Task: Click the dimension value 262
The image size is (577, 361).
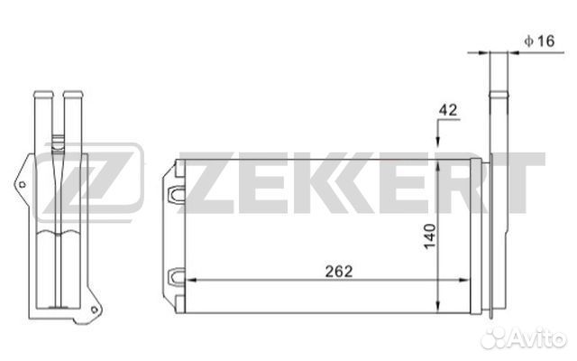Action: (x=339, y=271)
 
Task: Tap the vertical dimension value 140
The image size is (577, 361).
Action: (x=429, y=236)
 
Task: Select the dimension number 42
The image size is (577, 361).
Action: (x=448, y=110)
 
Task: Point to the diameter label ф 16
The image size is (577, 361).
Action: (x=539, y=41)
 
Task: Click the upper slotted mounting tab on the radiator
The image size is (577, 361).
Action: (x=177, y=195)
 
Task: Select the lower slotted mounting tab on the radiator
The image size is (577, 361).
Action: (x=177, y=277)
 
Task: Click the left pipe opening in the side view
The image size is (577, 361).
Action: (x=43, y=94)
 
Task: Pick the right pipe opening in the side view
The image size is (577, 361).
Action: (x=73, y=94)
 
